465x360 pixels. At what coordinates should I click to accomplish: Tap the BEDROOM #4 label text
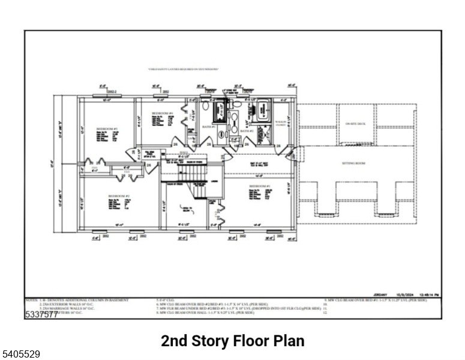162,113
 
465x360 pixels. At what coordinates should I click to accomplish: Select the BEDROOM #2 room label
119,196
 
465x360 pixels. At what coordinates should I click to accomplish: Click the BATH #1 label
208,127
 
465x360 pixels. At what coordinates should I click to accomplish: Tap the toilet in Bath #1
206,106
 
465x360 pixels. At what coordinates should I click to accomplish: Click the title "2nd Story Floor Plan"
232,341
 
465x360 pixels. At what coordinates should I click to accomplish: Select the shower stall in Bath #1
218,110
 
